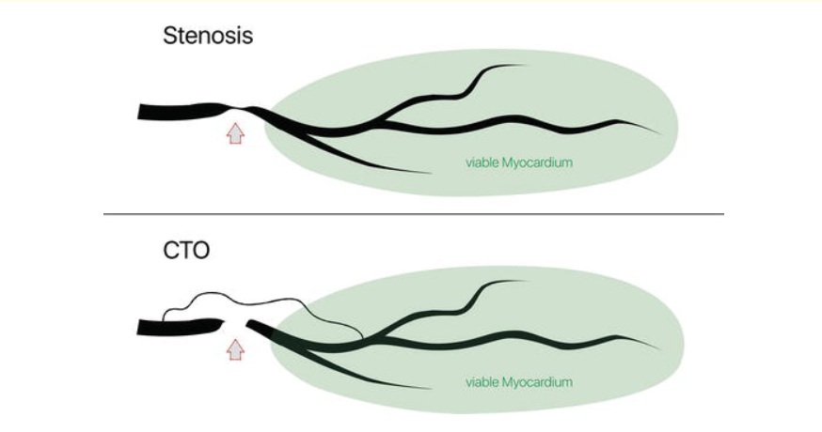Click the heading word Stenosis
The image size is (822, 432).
click(x=209, y=37)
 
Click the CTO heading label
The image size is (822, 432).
click(x=185, y=253)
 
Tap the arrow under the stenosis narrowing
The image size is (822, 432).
click(x=236, y=132)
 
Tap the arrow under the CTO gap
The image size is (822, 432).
click(x=236, y=349)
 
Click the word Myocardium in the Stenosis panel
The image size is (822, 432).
click(x=539, y=163)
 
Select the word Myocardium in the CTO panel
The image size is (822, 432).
click(x=539, y=382)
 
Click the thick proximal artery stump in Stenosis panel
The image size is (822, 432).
click(x=169, y=112)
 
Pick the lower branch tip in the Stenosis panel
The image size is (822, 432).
click(x=429, y=173)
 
